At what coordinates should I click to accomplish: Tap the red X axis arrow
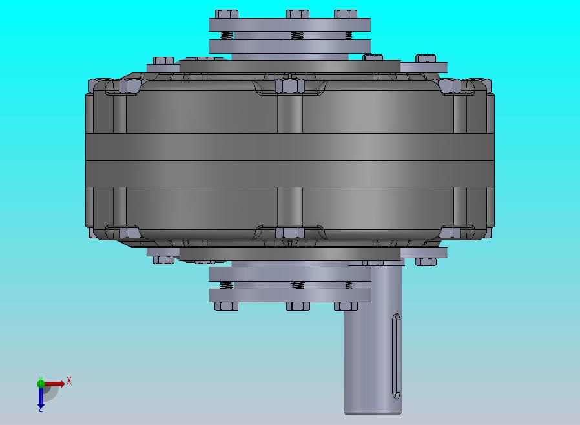[x=54, y=384]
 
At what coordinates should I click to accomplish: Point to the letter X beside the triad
[x=69, y=380]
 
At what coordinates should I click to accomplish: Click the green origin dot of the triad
[x=41, y=383]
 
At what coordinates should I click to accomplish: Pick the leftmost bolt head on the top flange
[x=226, y=14]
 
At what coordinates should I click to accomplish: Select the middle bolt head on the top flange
[x=297, y=14]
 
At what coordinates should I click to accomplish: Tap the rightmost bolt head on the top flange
[x=346, y=14]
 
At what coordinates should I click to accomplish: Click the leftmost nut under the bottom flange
[x=226, y=306]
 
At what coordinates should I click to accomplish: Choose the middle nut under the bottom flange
[x=297, y=306]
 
